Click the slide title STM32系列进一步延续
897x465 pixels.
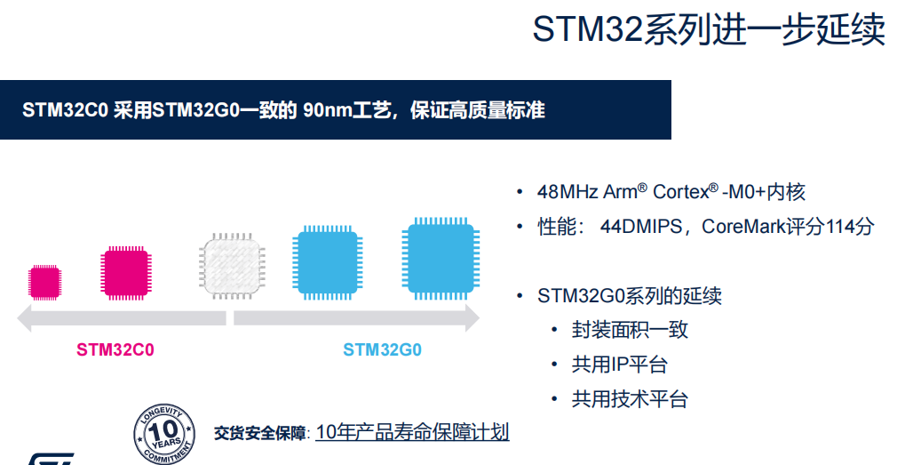coord(708,29)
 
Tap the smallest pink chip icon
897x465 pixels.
coord(45,281)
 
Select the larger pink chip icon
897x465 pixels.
coord(125,273)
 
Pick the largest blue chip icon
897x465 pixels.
coord(441,258)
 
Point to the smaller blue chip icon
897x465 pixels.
coord(327,262)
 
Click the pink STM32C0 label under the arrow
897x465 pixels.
coord(115,350)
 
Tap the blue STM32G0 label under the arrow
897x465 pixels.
coord(382,350)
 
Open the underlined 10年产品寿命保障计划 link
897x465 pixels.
coord(412,433)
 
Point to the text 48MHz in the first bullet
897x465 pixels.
coord(568,192)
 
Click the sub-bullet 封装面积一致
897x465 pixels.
coord(630,331)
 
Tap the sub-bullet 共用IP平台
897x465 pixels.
coord(619,365)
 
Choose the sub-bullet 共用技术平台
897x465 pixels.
coord(630,399)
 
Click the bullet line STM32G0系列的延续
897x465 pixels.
coord(629,296)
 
